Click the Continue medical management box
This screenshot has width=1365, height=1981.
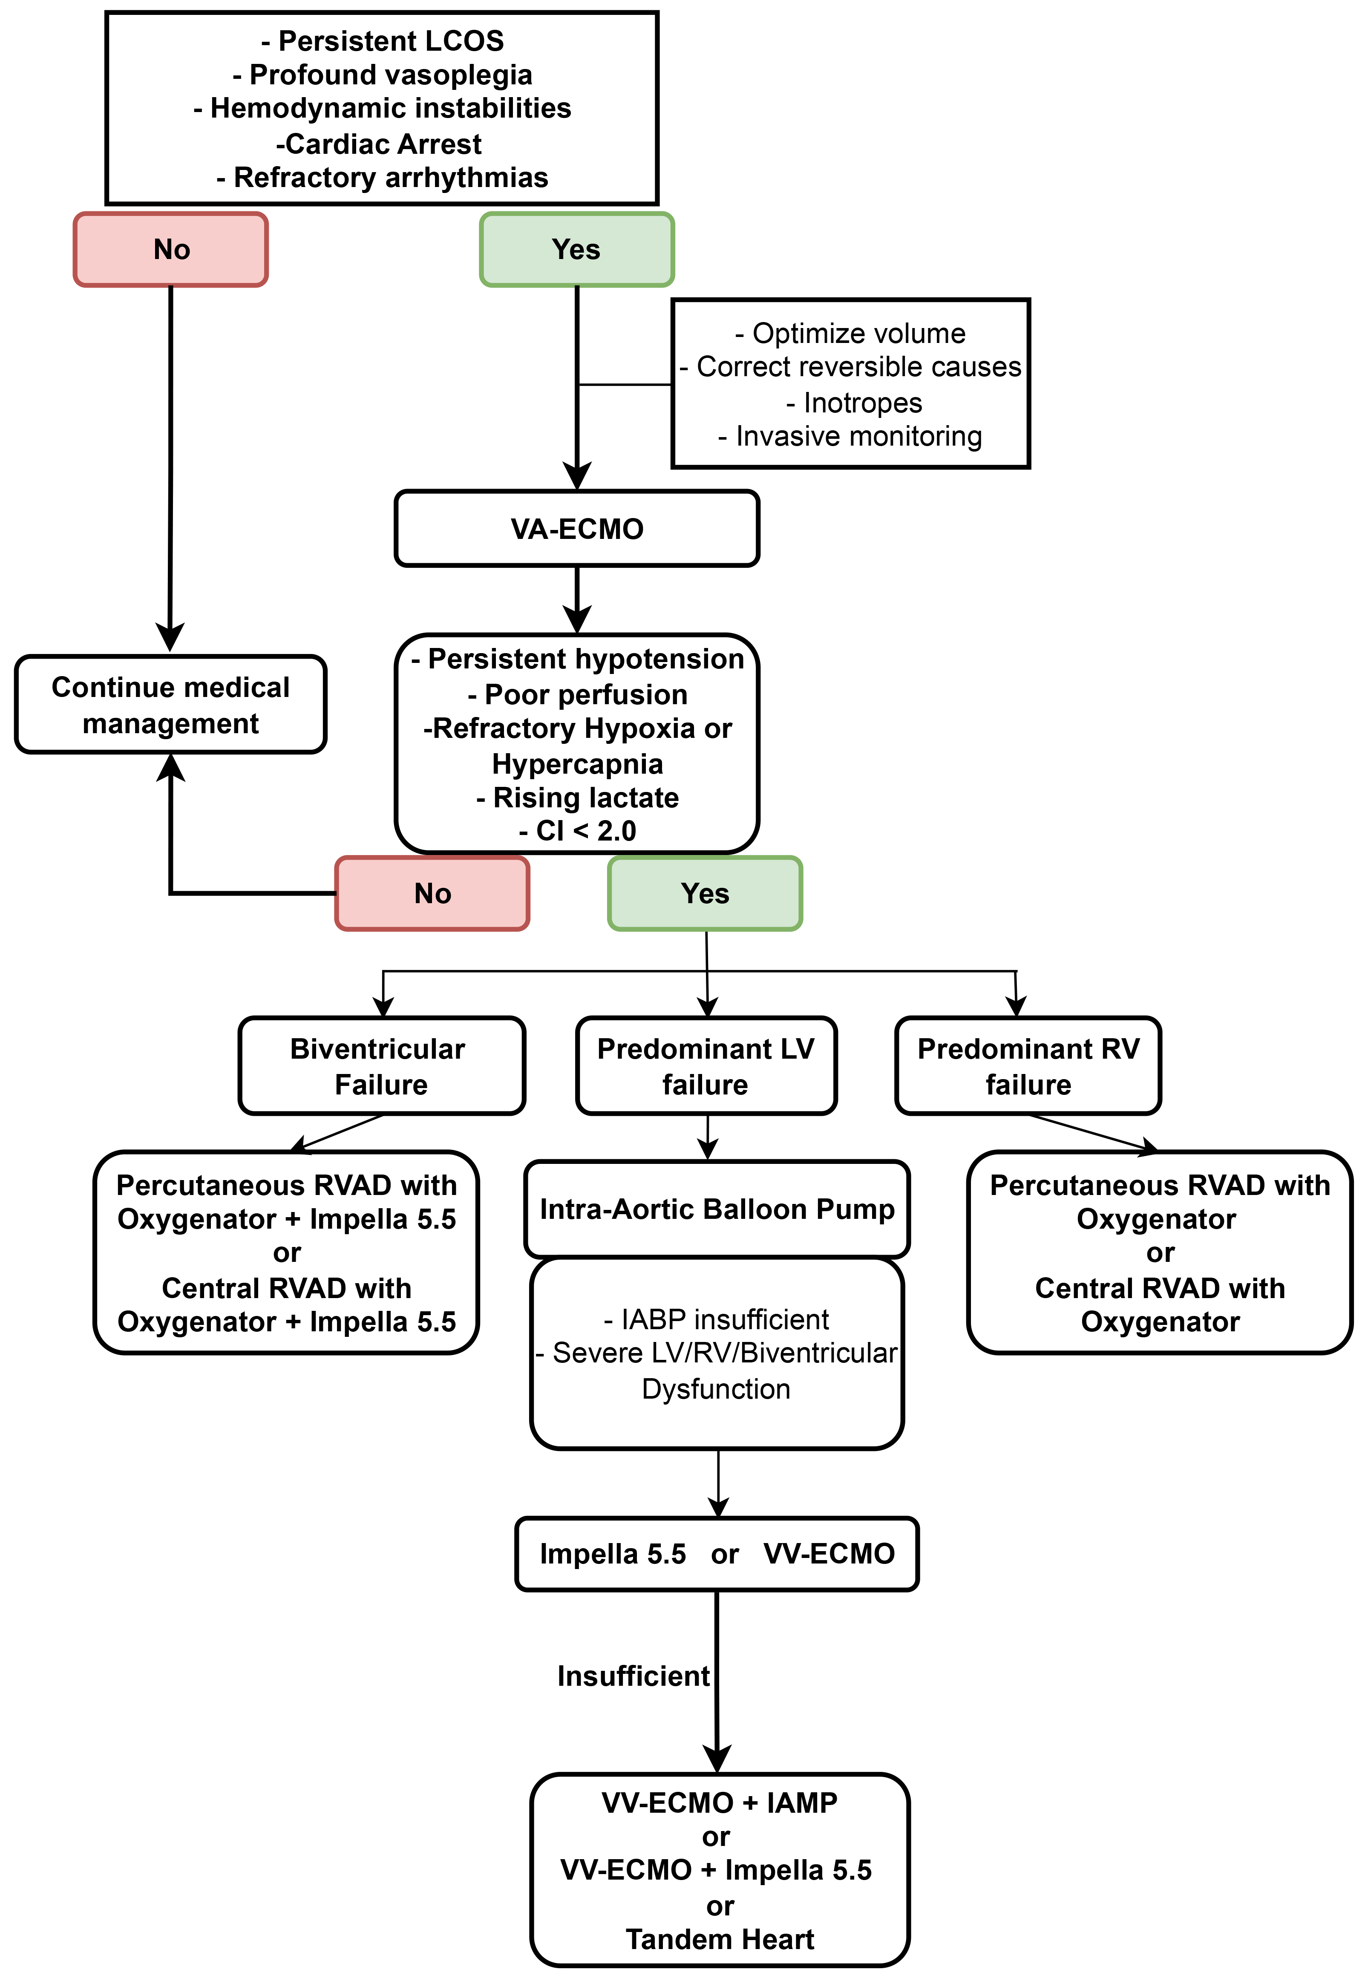point(171,705)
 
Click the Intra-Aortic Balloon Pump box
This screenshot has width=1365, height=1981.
point(717,1209)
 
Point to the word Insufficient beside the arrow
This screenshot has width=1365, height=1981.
point(633,1676)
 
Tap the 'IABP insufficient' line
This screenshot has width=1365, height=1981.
point(717,1319)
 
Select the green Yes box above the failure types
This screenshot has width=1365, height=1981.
point(706,893)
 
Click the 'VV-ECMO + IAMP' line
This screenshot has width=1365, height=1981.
point(719,1802)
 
